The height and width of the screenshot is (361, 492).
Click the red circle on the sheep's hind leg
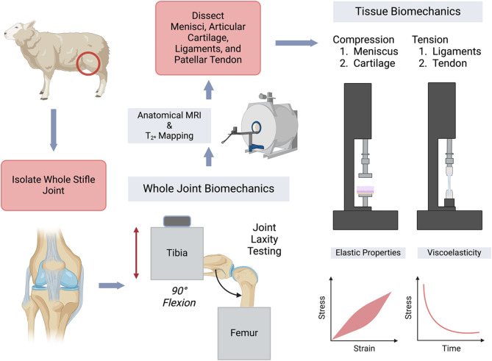[77, 64]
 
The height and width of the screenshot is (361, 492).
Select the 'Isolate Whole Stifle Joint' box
[54, 185]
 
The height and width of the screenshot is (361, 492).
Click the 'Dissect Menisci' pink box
[208, 38]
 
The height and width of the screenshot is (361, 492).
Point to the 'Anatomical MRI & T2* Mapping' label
[169, 126]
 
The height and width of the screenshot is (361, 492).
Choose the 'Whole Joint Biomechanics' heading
[209, 188]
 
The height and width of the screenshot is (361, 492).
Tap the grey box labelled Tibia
[177, 254]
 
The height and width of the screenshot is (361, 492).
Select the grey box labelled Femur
[244, 333]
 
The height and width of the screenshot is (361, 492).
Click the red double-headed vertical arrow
[136, 253]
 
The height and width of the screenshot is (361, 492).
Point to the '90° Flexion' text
[179, 297]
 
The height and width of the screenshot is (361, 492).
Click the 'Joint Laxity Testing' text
[265, 239]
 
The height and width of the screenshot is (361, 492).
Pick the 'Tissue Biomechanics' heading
[408, 12]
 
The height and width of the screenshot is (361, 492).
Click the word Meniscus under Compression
[376, 51]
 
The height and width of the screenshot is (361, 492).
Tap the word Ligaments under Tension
[457, 51]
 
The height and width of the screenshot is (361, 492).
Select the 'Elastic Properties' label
[368, 253]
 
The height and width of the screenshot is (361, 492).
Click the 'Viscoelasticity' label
[454, 253]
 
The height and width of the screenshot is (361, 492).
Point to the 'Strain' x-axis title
[364, 349]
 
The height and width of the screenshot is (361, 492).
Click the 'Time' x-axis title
[452, 349]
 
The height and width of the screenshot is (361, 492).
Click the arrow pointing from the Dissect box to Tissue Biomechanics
[296, 43]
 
